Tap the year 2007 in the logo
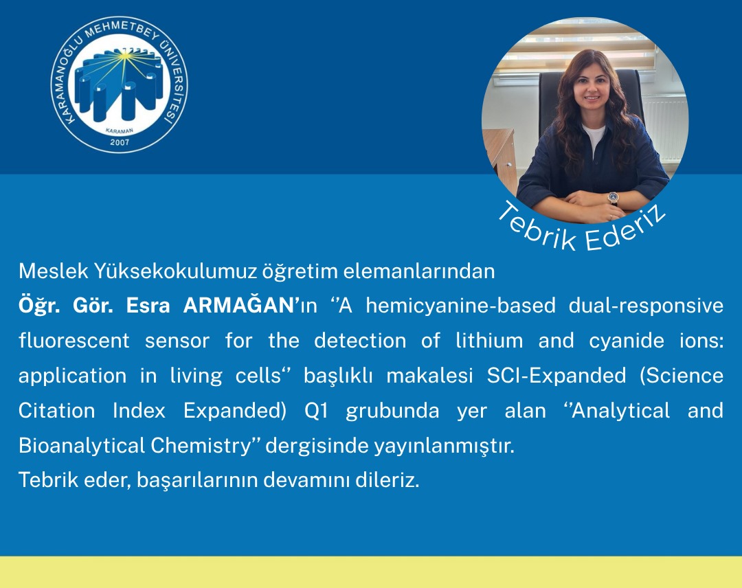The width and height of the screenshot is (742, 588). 120,143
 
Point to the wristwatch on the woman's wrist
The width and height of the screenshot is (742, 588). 612,198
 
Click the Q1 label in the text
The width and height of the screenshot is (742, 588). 316,411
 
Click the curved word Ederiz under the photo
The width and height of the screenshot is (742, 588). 625,229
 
